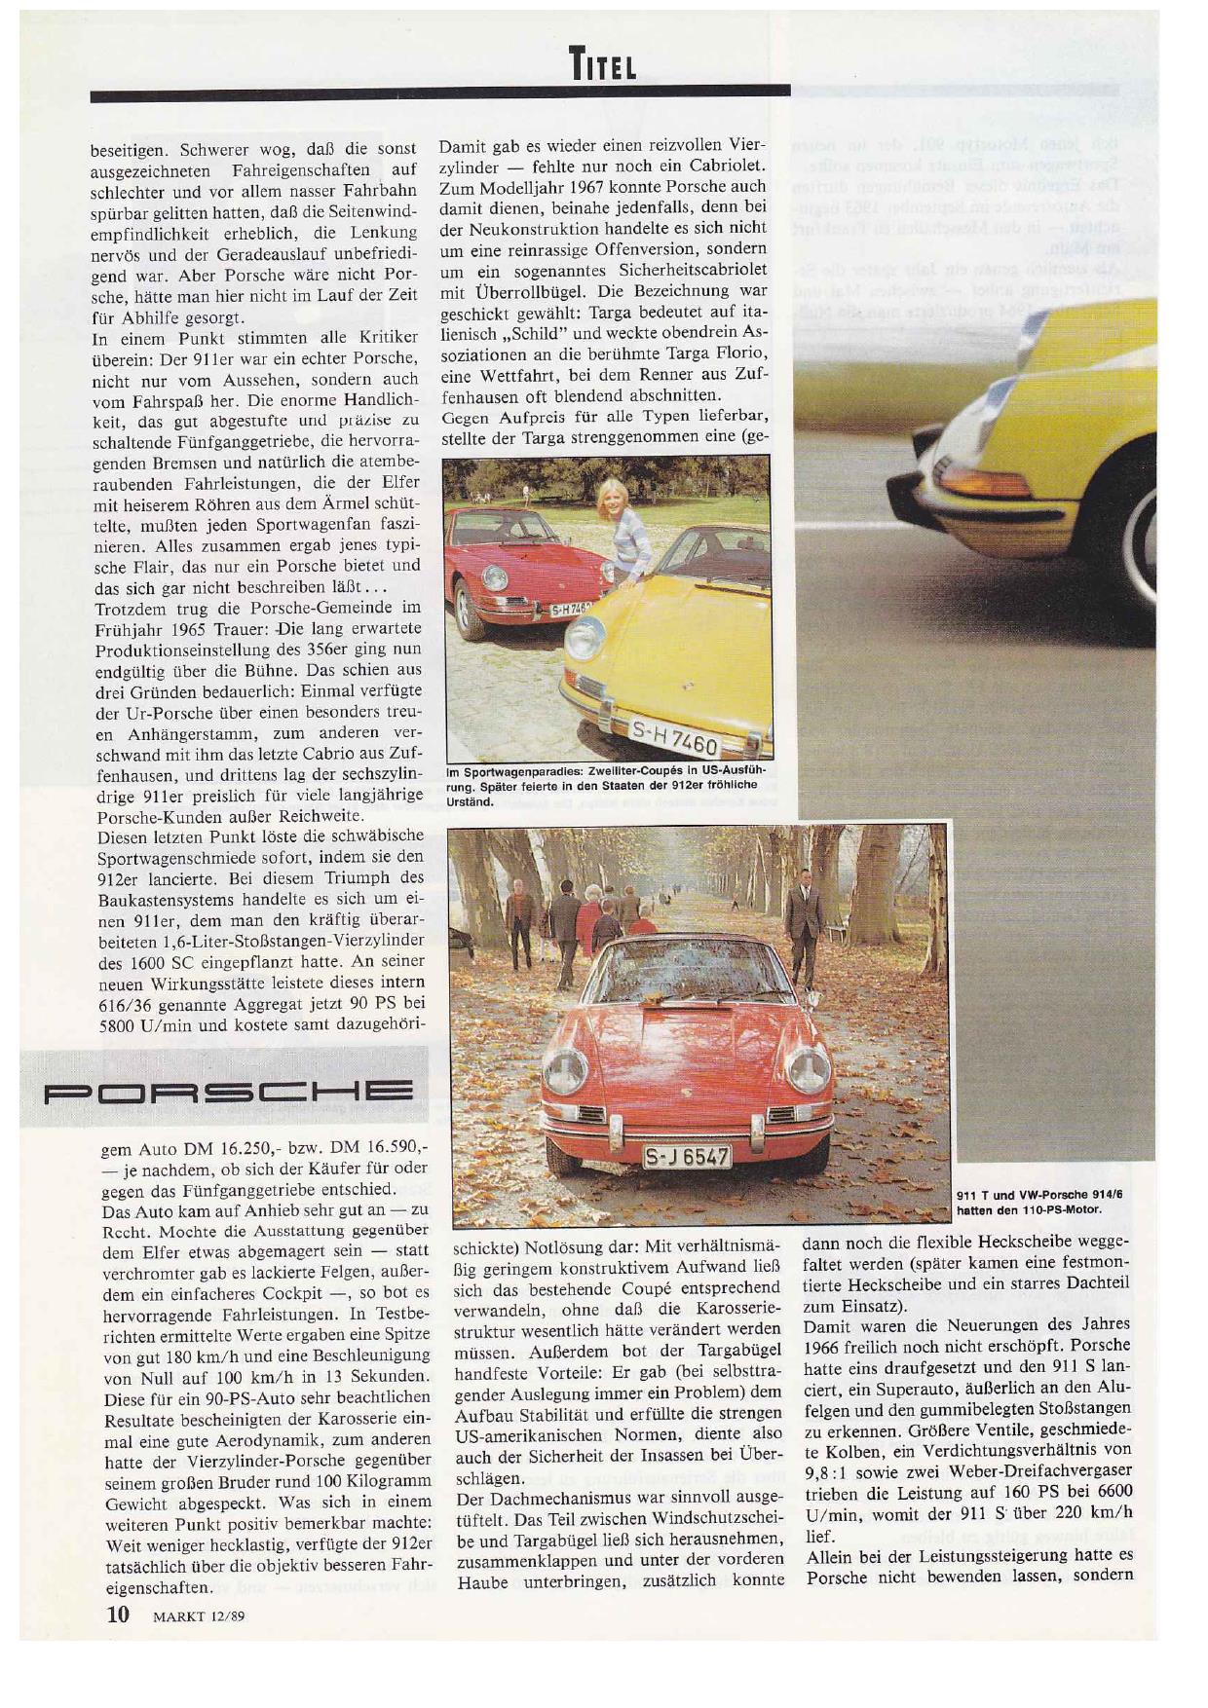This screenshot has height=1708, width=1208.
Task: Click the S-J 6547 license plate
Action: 688,1156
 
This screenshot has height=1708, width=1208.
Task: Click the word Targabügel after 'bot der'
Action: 729,1352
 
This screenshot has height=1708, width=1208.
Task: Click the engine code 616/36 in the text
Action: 132,1004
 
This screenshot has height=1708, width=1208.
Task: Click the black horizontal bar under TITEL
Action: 438,95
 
